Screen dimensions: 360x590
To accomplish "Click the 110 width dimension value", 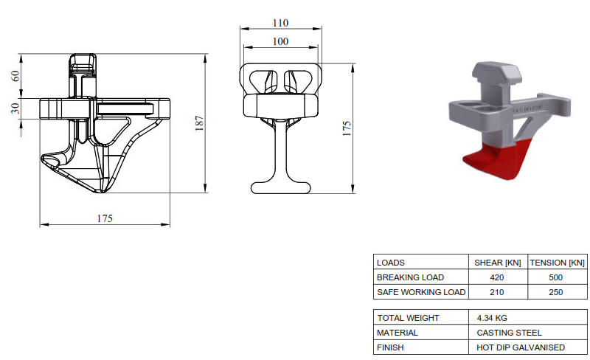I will (x=281, y=23).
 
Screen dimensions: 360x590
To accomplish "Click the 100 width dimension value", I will (x=281, y=41).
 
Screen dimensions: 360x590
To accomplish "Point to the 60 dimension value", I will (x=15, y=76).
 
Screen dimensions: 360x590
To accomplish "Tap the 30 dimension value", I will (x=15, y=108).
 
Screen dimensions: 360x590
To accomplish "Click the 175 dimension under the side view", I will (x=105, y=218).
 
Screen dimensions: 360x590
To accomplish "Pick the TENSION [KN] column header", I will (x=558, y=263).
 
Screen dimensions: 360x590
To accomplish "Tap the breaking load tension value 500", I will (x=556, y=277).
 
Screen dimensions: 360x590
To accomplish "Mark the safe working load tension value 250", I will (x=556, y=292).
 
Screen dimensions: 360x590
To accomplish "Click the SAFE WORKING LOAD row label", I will (x=421, y=292).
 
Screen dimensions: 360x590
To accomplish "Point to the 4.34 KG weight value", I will (x=493, y=318).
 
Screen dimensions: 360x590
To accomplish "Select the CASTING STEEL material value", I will (x=510, y=333).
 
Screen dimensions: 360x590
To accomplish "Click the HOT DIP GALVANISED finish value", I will (x=521, y=347).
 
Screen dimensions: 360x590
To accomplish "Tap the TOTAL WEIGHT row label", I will (x=408, y=318).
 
